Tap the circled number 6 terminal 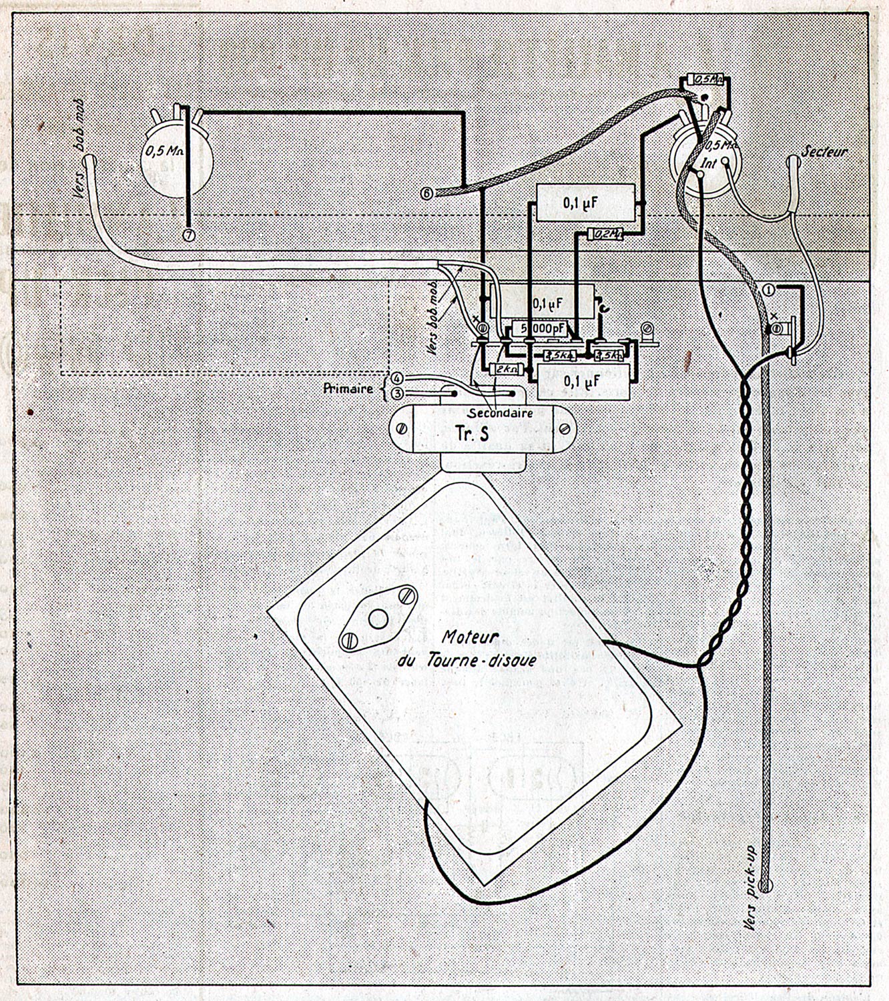pos(428,194)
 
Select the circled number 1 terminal pos(768,289)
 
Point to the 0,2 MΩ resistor pos(605,234)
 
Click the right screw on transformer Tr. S pos(564,428)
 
